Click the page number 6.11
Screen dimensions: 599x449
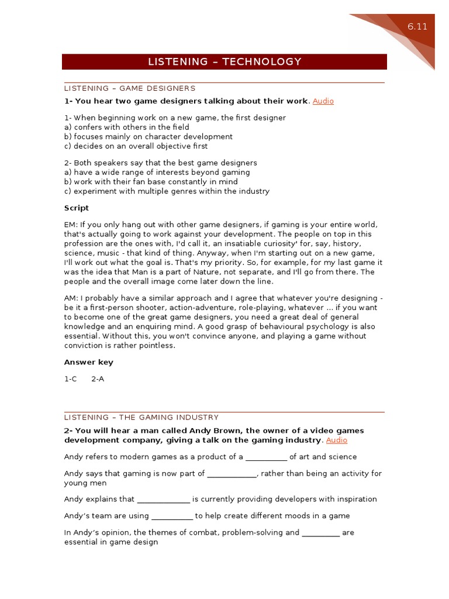pos(417,27)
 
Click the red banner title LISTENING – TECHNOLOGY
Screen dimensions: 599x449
pos(224,61)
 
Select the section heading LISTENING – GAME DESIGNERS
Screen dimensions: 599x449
pos(130,88)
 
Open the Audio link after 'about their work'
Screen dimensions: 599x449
pos(323,101)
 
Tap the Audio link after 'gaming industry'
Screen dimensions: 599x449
pos(337,440)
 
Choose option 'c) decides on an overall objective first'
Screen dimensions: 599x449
pos(136,146)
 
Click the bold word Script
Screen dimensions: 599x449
pos(77,208)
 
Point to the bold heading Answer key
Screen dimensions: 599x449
pos(88,362)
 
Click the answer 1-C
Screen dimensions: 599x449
pos(71,379)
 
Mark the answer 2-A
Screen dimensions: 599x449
pos(98,379)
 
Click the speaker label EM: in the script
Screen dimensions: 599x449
pos(71,225)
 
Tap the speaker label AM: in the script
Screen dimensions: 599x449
pos(71,298)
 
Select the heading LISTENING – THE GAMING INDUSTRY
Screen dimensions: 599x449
pos(141,417)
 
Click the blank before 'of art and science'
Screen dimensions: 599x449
pos(266,457)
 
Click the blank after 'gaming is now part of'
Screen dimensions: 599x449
pos(232,474)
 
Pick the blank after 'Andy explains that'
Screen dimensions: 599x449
pos(163,500)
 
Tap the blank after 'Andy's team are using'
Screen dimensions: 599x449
pos(172,517)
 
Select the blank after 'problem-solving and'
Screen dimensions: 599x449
pos(320,533)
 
